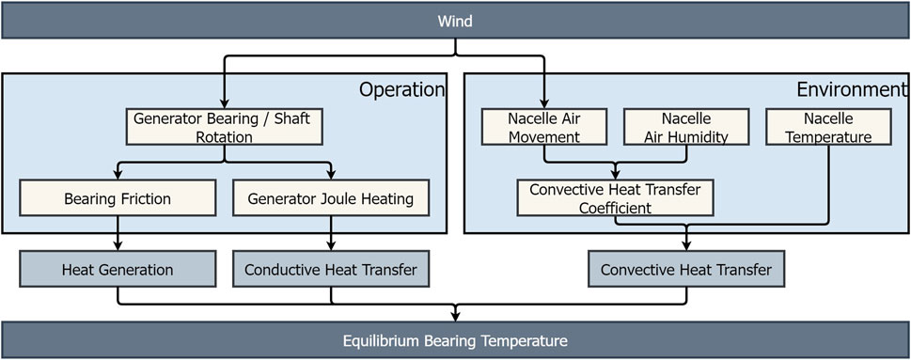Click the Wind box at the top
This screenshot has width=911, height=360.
(455, 19)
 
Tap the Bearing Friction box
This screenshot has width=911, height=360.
(117, 199)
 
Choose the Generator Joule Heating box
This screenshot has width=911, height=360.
(330, 199)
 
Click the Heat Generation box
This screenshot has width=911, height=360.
(117, 270)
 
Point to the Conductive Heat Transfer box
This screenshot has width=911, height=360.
(330, 270)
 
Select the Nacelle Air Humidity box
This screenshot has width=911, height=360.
(685, 128)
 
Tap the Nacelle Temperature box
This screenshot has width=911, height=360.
(827, 128)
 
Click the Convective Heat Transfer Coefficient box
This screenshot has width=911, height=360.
(615, 197)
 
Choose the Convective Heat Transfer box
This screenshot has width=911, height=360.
(685, 270)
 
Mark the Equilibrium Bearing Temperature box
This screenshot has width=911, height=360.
(455, 339)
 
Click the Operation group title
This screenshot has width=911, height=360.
(401, 90)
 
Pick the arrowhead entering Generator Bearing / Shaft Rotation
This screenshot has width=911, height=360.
(223, 104)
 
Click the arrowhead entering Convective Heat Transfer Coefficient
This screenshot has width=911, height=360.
(615, 176)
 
